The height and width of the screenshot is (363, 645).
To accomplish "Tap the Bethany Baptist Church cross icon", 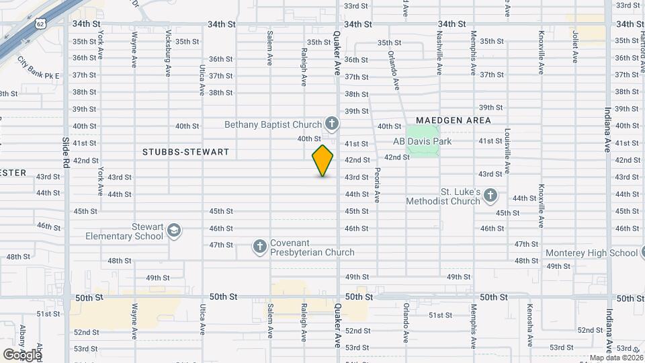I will click(331, 124).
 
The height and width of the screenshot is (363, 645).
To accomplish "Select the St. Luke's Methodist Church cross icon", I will click(490, 196).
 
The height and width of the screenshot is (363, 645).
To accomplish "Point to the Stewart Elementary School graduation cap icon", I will click(174, 231).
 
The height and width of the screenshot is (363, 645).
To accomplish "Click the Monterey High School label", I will click(591, 253).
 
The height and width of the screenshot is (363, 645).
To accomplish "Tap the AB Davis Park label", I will click(423, 142).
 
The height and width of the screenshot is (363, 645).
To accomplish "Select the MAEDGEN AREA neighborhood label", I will click(453, 120).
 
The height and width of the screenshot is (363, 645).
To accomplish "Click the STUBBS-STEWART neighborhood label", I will click(185, 153).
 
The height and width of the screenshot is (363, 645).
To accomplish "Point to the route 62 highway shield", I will click(41, 25).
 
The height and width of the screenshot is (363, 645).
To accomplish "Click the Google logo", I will click(23, 354).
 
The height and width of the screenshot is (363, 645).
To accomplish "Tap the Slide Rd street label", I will click(65, 153).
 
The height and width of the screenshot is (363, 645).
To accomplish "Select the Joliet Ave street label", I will click(575, 46).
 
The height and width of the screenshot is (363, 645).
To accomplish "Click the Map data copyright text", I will click(615, 358).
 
